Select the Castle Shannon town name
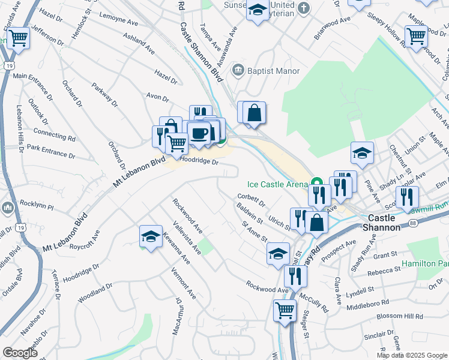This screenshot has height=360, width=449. pyautogui.click(x=384, y=223)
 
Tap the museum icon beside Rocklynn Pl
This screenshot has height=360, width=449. pyautogui.click(x=8, y=208)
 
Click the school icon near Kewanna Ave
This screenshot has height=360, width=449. pyautogui.click(x=151, y=236)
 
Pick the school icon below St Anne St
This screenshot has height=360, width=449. pyautogui.click(x=278, y=253)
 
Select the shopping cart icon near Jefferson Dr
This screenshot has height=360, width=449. pyautogui.click(x=19, y=38)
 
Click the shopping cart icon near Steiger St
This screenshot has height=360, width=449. pyautogui.click(x=285, y=310)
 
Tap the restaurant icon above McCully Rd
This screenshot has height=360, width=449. pyautogui.click(x=295, y=275)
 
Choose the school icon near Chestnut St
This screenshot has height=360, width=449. pyautogui.click(x=362, y=153)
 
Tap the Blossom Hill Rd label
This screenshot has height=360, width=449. pyautogui.click(x=399, y=316)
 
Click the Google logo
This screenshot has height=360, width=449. pyautogui.click(x=20, y=353)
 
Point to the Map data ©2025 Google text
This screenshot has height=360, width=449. pyautogui.click(x=411, y=355)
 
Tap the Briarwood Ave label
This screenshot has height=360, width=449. pyautogui.click(x=333, y=28)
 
